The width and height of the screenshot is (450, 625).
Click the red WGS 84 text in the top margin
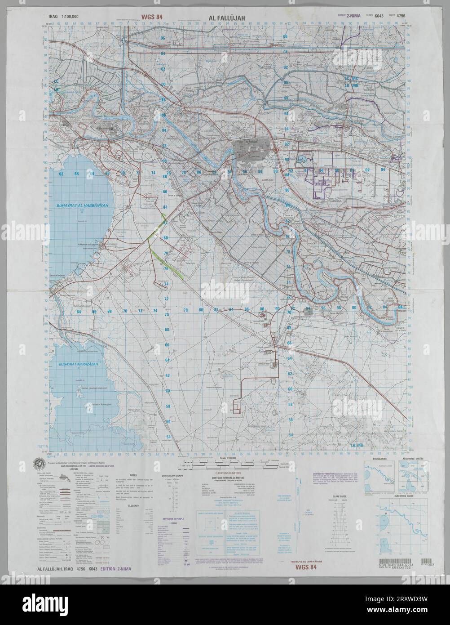click(x=152, y=18)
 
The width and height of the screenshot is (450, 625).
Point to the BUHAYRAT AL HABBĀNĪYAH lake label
click(x=77, y=205)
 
